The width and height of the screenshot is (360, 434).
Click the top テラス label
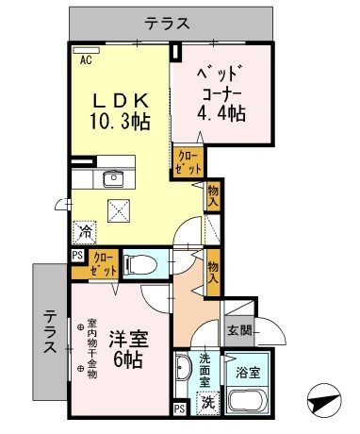pyautogui.click(x=169, y=23)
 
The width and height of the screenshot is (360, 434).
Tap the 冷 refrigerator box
pyautogui.click(x=85, y=229)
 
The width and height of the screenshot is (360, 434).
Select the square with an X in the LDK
pyautogui.click(x=120, y=210)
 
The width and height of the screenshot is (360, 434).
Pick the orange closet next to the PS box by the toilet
pyautogui.click(x=103, y=263)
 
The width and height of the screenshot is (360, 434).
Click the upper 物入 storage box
pyautogui.click(x=214, y=196)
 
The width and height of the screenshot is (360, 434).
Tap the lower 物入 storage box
pyautogui.click(x=214, y=272)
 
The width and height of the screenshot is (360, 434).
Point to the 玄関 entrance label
pyautogui.click(x=239, y=330)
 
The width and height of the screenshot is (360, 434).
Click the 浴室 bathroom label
pyautogui.click(x=249, y=372)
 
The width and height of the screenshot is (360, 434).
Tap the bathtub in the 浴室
pyautogui.click(x=250, y=400)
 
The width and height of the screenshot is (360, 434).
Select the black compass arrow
pyautogui.click(x=323, y=402)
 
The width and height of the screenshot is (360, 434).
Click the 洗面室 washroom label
pyautogui.click(x=207, y=365)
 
